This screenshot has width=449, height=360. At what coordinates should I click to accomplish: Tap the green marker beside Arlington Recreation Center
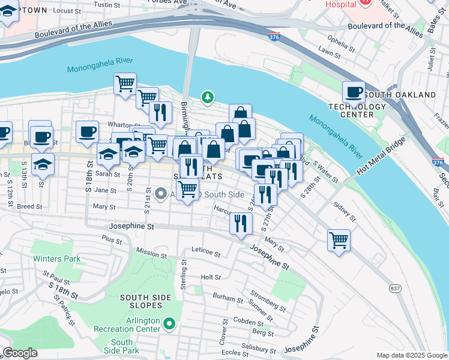pos(170,325)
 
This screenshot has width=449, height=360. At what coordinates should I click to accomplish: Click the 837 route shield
pos(395,289)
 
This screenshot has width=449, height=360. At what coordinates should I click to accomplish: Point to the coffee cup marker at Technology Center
pos(354,92)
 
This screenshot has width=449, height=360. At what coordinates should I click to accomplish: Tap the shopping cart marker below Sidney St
pos(339,241)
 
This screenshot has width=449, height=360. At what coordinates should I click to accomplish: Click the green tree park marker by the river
pos(208,97)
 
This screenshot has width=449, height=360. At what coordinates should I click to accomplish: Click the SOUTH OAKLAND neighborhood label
pos(400,95)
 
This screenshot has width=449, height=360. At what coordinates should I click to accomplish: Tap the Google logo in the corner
pos(20,353)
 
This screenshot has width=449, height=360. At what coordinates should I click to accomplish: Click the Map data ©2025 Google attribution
pos(411,355)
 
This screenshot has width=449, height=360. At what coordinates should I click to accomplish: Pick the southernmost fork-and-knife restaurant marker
pos(240,224)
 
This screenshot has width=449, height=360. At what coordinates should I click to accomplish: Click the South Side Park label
pos(122,346)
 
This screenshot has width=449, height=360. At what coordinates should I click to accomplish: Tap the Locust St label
pos(67,11)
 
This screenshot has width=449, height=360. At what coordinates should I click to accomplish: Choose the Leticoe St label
pos(206,250)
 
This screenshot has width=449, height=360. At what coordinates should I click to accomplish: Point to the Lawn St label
pos(330,55)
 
